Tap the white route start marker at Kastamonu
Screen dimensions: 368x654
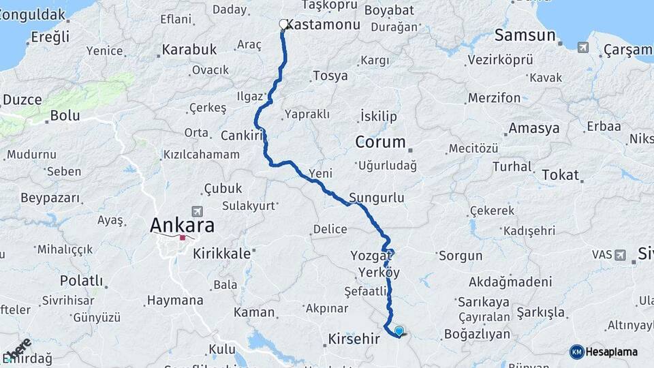(x=283, y=25)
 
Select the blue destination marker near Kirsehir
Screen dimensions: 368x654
(x=399, y=331)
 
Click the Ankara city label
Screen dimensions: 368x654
(x=182, y=225)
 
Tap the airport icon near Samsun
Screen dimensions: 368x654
(x=583, y=47)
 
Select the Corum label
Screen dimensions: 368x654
(x=380, y=142)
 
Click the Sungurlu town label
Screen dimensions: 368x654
(x=377, y=198)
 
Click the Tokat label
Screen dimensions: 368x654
(x=560, y=174)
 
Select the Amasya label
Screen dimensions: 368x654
(x=534, y=128)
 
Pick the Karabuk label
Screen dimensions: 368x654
(x=189, y=50)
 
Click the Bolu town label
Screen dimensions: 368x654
(x=65, y=116)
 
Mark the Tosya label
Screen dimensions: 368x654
(x=330, y=76)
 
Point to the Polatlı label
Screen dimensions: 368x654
(x=82, y=281)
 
